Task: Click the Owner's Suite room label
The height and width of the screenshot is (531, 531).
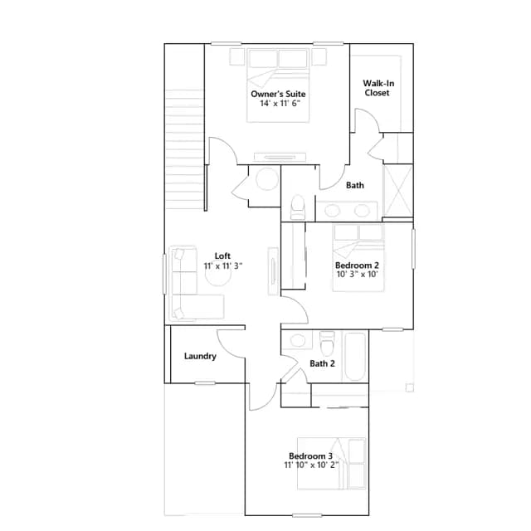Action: (278, 94)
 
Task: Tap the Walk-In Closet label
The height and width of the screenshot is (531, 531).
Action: (378, 88)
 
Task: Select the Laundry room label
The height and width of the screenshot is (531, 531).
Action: (200, 356)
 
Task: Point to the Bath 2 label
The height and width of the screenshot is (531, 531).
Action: (323, 363)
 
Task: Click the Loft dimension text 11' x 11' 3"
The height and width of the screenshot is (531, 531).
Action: (223, 266)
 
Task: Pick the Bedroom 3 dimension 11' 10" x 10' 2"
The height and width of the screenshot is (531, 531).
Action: (311, 465)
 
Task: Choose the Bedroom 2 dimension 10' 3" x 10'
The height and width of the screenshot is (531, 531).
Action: (357, 275)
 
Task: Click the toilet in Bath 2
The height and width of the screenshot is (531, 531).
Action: (327, 343)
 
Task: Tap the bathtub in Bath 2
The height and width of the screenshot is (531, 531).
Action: (355, 357)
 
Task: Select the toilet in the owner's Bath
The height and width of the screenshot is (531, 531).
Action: (298, 207)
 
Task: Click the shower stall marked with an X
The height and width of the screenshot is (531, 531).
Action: (398, 191)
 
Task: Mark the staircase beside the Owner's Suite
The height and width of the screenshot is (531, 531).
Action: (185, 149)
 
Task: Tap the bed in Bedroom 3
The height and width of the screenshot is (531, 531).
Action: (331, 463)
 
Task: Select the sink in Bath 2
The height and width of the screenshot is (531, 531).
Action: (298, 340)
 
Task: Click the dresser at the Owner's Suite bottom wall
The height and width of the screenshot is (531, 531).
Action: (280, 157)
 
